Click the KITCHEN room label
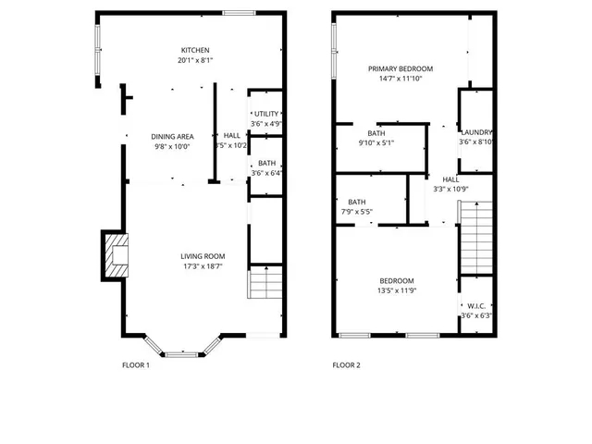click(x=195, y=50)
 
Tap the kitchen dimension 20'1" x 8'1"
click(x=195, y=60)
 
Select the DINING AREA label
click(x=172, y=136)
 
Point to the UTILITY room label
click(x=266, y=113)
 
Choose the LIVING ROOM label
click(x=202, y=256)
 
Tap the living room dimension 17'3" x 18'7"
click(x=202, y=266)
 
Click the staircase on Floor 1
click(x=265, y=282)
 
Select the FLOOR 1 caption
click(x=136, y=364)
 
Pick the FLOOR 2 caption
click(x=346, y=364)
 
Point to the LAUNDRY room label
click(x=476, y=132)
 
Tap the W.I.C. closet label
click(x=476, y=305)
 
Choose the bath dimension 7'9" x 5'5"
click(x=356, y=212)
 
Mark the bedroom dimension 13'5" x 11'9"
click(x=397, y=290)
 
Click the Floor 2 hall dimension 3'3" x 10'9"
click(x=450, y=189)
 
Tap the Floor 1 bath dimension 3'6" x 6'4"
click(x=266, y=173)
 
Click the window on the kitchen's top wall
click(x=239, y=12)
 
